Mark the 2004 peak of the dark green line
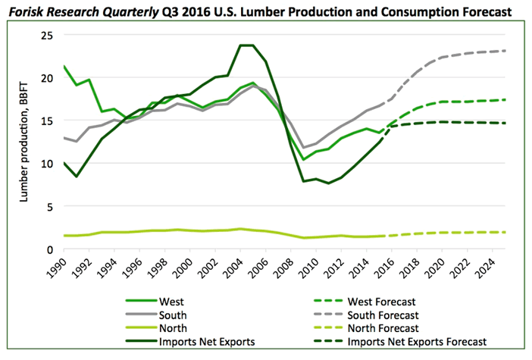click(x=246, y=45)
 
